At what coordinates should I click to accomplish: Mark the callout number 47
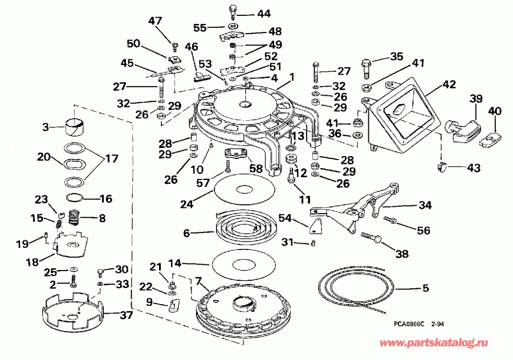point(156,21)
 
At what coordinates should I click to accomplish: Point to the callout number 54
point(285,218)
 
